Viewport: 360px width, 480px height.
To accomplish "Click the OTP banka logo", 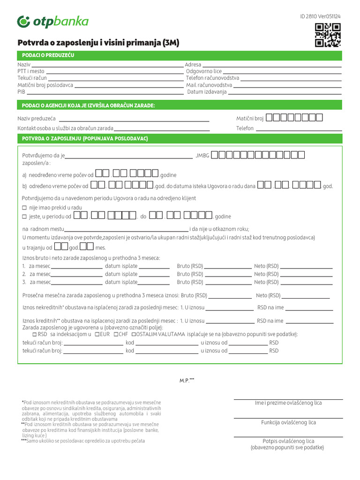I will [52, 22].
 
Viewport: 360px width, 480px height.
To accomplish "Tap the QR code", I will [328, 35].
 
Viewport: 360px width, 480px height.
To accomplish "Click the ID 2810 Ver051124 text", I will [320, 16].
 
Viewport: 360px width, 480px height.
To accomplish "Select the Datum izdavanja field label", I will [207, 92].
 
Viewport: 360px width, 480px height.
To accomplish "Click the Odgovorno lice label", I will [203, 71].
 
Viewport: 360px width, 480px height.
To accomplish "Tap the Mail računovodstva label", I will [209, 85].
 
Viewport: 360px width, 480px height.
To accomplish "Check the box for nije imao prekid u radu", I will [25, 207].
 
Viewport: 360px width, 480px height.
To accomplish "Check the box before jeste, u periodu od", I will [25, 217].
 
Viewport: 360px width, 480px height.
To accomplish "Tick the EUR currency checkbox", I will [97, 334].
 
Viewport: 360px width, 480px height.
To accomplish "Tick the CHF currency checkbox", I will [115, 334].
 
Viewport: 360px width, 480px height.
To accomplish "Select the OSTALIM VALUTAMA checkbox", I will [134, 334].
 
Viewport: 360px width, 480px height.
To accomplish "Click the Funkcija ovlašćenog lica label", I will [288, 422].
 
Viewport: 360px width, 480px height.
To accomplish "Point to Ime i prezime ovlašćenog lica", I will [288, 403].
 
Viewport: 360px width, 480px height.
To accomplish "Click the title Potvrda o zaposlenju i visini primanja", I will [98, 43].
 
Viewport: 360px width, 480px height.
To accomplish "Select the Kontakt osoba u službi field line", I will [162, 128].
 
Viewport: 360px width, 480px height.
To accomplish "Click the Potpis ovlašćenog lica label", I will [288, 441].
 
